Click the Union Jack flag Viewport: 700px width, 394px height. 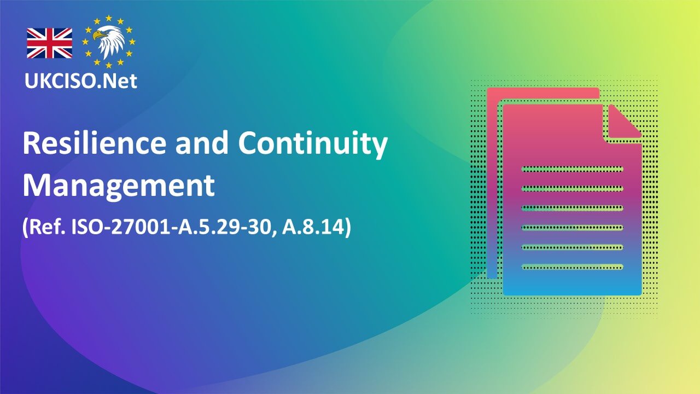point(50,43)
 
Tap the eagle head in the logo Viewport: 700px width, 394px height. point(109,42)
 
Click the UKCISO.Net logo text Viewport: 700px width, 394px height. point(80,81)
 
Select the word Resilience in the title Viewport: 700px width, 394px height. point(94,144)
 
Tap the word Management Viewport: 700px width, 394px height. point(118,186)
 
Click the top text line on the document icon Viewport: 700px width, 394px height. point(572,169)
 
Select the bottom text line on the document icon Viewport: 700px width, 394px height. point(572,267)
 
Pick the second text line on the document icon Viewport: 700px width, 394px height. point(572,188)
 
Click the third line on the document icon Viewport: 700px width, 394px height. point(572,208)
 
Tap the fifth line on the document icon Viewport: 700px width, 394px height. point(572,247)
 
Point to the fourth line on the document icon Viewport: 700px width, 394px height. point(572,228)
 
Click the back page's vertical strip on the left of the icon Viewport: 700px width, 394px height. point(493,186)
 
